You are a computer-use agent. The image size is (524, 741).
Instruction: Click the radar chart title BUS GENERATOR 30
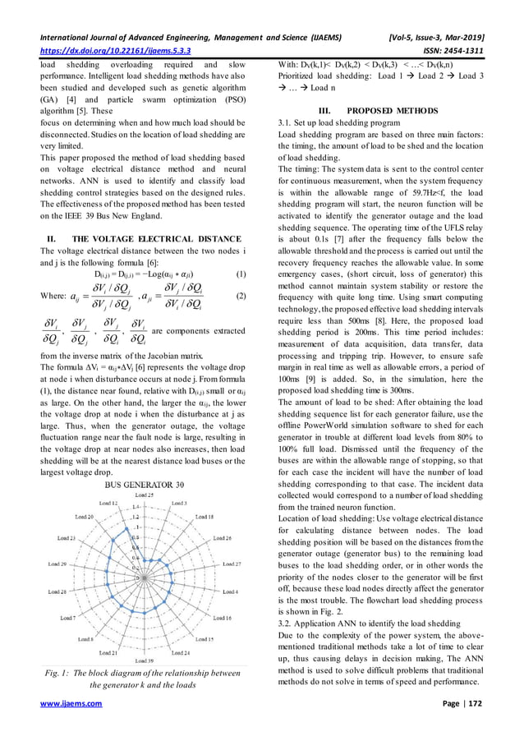[143, 485]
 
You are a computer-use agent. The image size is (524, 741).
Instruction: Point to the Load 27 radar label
[232, 564]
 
